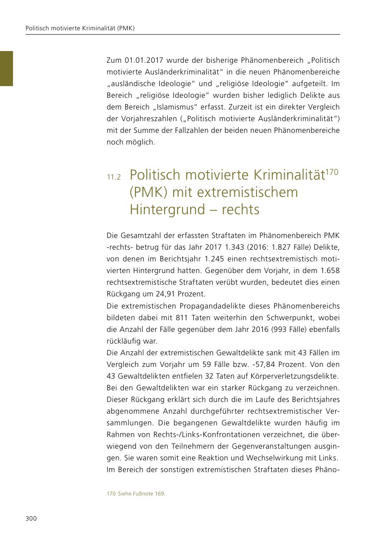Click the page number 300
tap(31, 519)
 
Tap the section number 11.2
tap(114, 177)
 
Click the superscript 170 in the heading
tap(332, 172)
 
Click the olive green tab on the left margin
tap(6, 68)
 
